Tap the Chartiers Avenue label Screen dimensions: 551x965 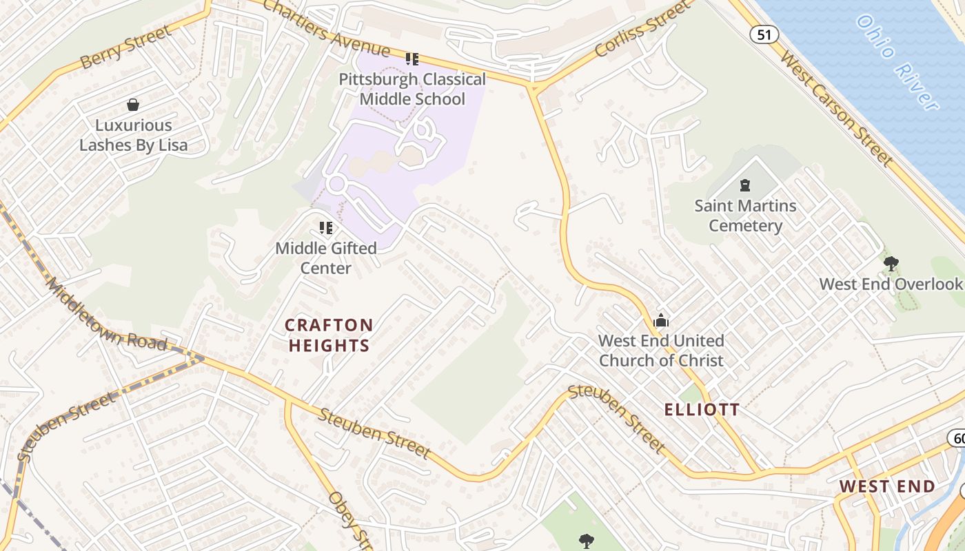click(x=326, y=30)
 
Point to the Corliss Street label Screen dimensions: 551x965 click(x=642, y=30)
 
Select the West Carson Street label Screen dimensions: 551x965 click(x=835, y=107)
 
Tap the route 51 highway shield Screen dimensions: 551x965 click(x=764, y=34)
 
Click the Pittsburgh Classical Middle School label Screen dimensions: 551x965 click(x=412, y=89)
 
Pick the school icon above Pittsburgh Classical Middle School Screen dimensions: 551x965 click(x=412, y=59)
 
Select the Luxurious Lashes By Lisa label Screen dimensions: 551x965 click(x=133, y=135)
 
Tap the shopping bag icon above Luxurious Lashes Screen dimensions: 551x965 click(x=133, y=105)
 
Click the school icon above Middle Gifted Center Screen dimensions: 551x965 click(x=326, y=228)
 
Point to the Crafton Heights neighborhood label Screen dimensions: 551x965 click(x=329, y=335)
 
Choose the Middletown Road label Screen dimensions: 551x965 click(x=106, y=314)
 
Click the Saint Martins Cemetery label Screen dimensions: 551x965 click(x=745, y=216)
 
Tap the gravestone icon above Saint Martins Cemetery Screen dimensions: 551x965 click(x=744, y=185)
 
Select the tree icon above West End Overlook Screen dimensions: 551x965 click(x=891, y=263)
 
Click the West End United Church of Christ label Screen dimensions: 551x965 click(x=661, y=351)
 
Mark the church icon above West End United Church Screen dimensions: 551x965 click(x=661, y=320)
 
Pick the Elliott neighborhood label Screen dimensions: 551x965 click(x=702, y=410)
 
